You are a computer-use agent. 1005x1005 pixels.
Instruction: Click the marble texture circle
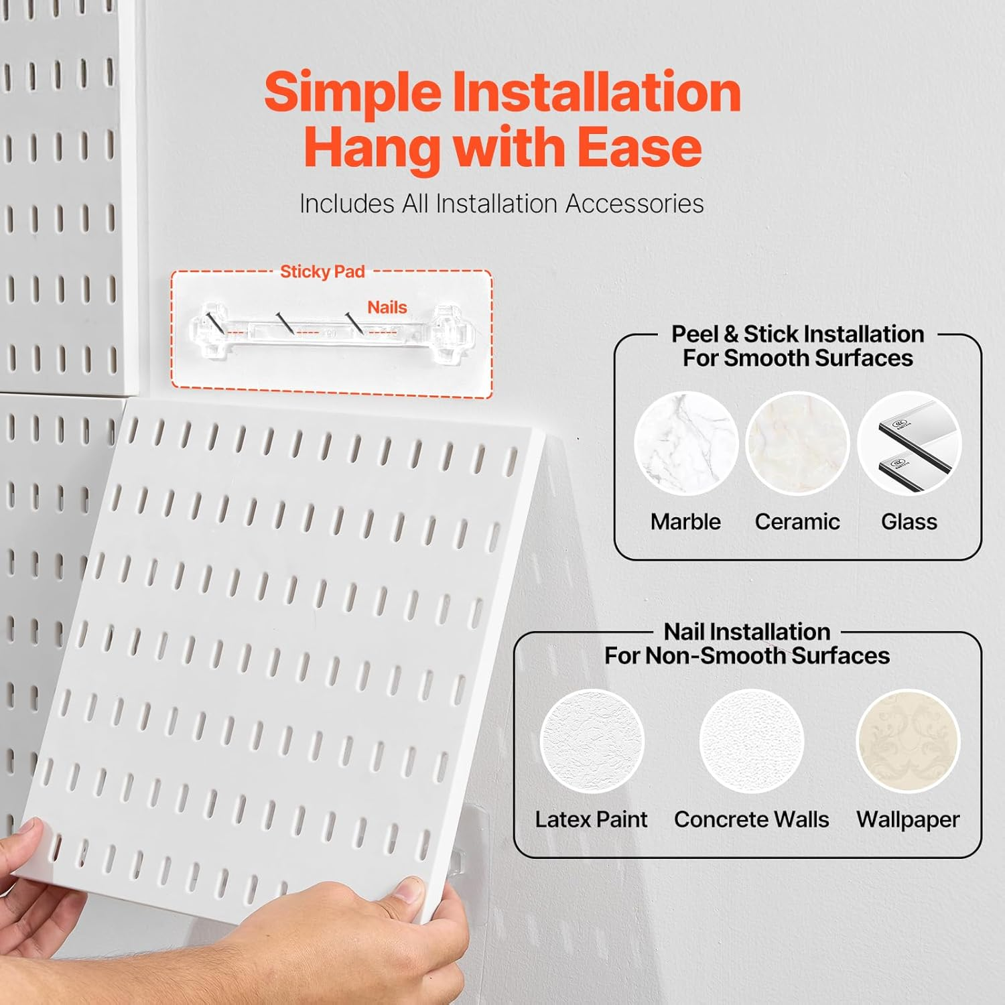686,444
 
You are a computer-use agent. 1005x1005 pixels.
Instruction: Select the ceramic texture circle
797,444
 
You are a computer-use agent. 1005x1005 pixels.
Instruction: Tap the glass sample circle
909,444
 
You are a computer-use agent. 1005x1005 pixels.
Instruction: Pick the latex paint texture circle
592,741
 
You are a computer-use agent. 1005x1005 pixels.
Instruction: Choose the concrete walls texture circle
751,741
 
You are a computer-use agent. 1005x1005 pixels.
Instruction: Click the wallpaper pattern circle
909,741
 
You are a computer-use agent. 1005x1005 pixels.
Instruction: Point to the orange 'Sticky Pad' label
322,271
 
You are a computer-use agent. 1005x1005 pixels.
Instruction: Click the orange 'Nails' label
387,307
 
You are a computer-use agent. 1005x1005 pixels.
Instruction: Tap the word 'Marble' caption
685,521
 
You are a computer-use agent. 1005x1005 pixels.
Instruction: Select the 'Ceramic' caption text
797,521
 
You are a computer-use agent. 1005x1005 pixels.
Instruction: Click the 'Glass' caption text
909,521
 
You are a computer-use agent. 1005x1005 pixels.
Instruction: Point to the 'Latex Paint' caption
591,819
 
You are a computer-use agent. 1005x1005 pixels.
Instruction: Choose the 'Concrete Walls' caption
751,819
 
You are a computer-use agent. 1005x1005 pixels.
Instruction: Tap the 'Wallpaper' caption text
908,819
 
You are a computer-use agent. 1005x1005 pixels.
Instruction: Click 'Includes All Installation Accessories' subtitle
501,204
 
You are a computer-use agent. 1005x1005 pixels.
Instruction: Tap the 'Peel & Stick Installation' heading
797,334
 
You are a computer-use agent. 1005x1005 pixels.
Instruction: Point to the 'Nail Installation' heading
746,631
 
